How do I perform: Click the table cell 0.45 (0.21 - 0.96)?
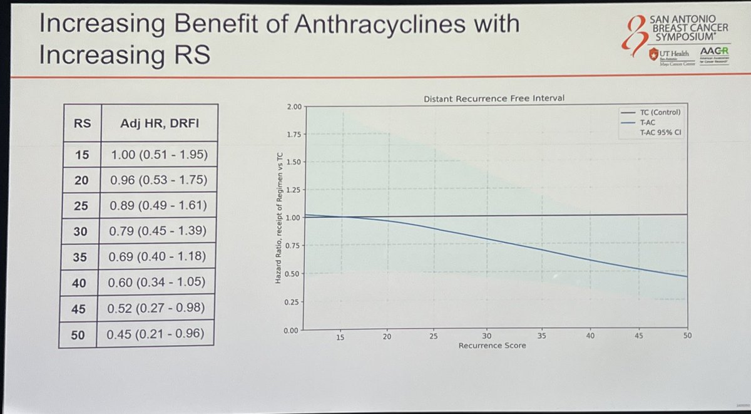click(x=156, y=334)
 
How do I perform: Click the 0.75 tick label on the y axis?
click(x=292, y=246)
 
